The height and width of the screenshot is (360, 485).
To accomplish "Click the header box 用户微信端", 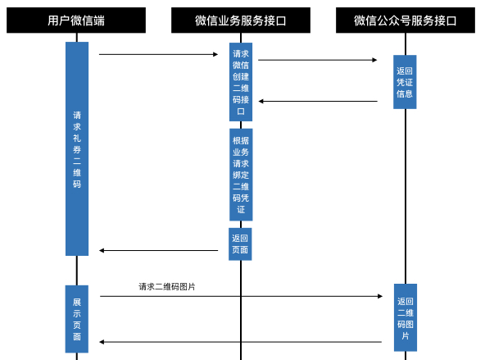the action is pyautogui.click(x=76, y=21).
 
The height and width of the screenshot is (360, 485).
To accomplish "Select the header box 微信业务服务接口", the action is pyautogui.click(x=241, y=21).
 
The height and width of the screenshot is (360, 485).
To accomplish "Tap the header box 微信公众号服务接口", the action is pyautogui.click(x=406, y=21).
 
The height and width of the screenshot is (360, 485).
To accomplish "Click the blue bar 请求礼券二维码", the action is pyautogui.click(x=77, y=149).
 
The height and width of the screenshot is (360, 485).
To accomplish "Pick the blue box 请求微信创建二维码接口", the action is pyautogui.click(x=241, y=82).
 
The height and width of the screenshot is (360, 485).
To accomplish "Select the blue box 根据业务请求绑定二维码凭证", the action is pyautogui.click(x=241, y=175).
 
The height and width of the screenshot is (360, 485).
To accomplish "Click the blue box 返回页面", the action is pyautogui.click(x=240, y=244).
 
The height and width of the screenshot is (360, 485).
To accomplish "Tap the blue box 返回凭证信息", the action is pyautogui.click(x=405, y=82).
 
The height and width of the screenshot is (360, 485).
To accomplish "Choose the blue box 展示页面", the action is pyautogui.click(x=77, y=319).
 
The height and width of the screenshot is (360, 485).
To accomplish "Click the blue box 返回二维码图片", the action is pyautogui.click(x=406, y=317).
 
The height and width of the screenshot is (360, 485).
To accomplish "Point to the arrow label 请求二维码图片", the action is pyautogui.click(x=167, y=287).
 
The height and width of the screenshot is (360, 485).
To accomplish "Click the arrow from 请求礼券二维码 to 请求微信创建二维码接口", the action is pyautogui.click(x=158, y=54).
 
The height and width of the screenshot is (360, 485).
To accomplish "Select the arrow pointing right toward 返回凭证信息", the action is pyautogui.click(x=318, y=60).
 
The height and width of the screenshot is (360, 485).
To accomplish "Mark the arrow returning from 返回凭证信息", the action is pyautogui.click(x=318, y=101).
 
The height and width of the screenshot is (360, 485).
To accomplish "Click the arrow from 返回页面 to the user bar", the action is pyautogui.click(x=158, y=250).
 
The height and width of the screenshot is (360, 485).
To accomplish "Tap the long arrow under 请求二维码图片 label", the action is pyautogui.click(x=241, y=296).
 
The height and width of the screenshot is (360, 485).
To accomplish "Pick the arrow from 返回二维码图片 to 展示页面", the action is pyautogui.click(x=240, y=342).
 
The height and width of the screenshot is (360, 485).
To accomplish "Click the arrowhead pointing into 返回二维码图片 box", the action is pyautogui.click(x=380, y=296).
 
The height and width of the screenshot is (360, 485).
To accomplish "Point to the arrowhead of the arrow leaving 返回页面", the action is pyautogui.click(x=101, y=250).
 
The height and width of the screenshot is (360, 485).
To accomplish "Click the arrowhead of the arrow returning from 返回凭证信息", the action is pyautogui.click(x=261, y=101).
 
